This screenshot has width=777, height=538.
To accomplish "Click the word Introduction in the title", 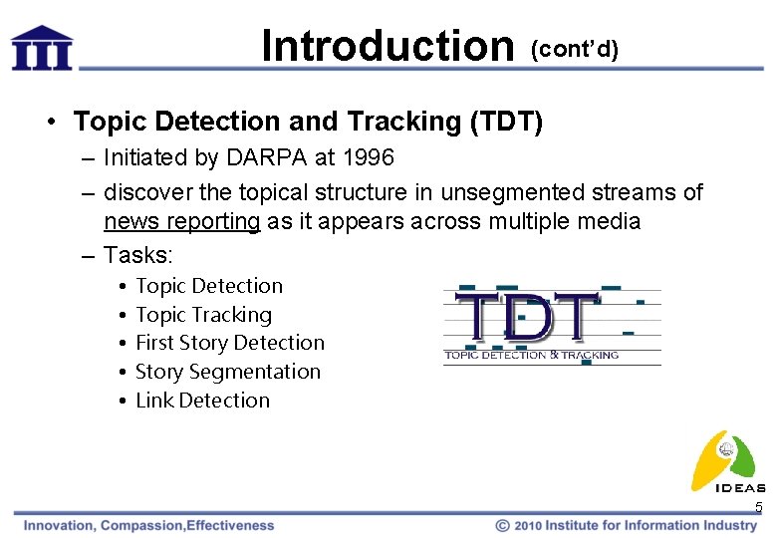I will (387, 46).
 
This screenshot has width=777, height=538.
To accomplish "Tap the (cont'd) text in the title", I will (575, 50).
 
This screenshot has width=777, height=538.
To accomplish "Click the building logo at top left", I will (42, 47).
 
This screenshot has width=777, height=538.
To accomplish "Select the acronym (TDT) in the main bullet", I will (504, 122).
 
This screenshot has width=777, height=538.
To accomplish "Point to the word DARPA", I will (255, 157).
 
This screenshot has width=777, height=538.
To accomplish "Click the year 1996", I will (366, 157).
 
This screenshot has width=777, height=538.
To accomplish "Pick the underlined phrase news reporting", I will (182, 221).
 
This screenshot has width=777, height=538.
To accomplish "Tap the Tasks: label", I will (137, 254).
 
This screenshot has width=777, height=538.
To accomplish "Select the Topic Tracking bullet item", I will (203, 315).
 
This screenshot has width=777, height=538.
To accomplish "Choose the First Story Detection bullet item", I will (229, 343).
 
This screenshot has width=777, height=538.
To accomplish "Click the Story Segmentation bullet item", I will (227, 372).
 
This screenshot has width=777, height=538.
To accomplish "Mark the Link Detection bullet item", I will (202, 401).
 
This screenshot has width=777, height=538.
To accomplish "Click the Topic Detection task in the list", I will (209, 286).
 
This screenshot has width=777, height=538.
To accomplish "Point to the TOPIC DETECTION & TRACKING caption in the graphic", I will (531, 355).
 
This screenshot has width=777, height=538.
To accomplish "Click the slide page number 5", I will (758, 508).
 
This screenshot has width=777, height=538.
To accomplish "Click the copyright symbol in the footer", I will (503, 525).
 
